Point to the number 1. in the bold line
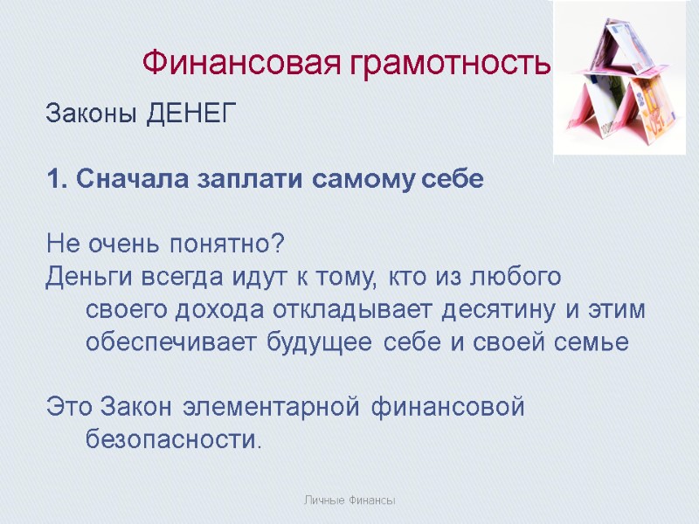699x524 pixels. point(56,179)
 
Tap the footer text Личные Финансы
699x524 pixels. point(349,500)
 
